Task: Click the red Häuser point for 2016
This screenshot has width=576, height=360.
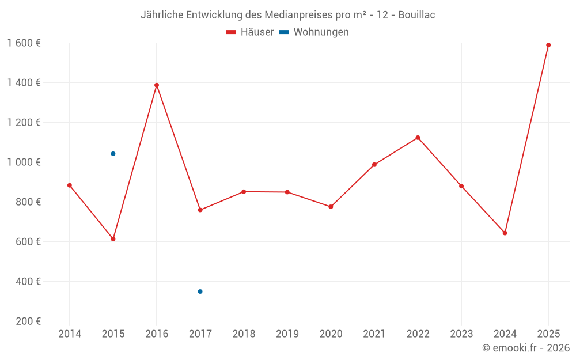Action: [x=157, y=85]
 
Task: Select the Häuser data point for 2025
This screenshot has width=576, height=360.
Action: [x=548, y=45]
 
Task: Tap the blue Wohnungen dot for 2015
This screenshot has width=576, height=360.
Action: [x=113, y=154]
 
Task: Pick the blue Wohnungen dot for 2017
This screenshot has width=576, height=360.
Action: [x=200, y=291]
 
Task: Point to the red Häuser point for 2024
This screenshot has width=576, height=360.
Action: [x=505, y=233]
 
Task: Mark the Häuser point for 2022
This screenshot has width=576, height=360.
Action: [x=418, y=138]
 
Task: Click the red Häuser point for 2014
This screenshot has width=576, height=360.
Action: [x=70, y=185]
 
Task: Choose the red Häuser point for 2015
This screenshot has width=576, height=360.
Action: [x=113, y=239]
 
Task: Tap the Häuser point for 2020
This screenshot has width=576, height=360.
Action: [x=331, y=207]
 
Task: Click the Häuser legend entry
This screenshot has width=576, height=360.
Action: [x=250, y=32]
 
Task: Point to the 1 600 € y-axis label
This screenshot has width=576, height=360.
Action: [x=24, y=43]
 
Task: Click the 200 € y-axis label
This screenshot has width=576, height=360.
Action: [x=28, y=321]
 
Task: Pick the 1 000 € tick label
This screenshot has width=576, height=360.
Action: [x=24, y=162]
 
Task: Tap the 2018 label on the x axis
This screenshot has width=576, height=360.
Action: [x=244, y=334]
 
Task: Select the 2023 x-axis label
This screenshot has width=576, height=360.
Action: [x=461, y=334]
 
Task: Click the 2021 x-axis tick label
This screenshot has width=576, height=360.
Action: [x=374, y=334]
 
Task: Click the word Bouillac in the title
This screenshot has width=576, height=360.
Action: [x=416, y=15]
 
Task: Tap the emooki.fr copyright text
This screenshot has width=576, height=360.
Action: [x=526, y=348]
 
